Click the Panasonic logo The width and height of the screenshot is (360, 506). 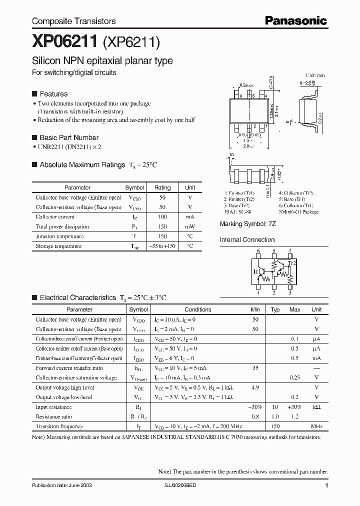tap(295, 20)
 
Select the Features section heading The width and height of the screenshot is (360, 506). tap(53, 94)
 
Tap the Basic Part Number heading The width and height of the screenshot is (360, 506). tap(68, 137)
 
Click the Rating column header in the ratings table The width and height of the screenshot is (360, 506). tap(162, 187)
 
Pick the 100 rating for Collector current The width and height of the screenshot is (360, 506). tap(162, 217)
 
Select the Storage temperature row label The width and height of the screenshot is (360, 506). tap(58, 246)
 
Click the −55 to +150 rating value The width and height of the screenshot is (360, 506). tap(162, 246)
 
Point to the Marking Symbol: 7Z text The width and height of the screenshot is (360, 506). tap(248, 224)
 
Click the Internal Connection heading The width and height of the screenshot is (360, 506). tap(247, 239)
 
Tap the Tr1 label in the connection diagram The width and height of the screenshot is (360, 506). tap(257, 271)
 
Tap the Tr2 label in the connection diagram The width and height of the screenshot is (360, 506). tap(292, 263)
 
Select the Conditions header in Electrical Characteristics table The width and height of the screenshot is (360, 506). tap(198, 309)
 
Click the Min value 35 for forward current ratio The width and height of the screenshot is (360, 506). tap(255, 368)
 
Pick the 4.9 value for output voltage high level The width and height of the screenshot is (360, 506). tap(255, 387)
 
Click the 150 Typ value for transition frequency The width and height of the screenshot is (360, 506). tap(275, 426)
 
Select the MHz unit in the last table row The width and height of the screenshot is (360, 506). tap(316, 426)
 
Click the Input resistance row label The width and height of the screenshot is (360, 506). tap(53, 407)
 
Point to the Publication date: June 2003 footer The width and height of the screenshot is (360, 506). tap(61, 485)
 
